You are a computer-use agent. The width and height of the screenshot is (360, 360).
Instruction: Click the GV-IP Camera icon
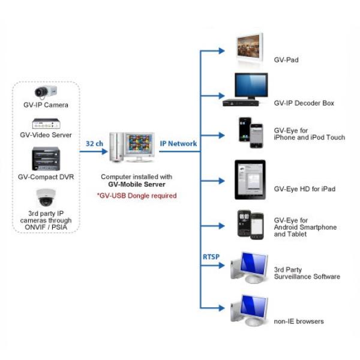46,92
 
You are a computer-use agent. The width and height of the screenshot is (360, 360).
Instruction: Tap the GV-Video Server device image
46,124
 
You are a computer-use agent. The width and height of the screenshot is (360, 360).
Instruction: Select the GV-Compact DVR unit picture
46,158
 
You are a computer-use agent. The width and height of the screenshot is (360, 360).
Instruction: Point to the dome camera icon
46,197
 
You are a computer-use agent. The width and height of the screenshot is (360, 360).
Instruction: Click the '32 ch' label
94,144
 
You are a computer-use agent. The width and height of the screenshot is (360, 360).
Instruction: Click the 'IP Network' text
178,143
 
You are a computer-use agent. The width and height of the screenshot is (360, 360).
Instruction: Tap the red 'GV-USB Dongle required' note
137,196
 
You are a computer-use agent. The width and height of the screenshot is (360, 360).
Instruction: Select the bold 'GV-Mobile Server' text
137,184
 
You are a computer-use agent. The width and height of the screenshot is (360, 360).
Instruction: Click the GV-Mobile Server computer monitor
140,147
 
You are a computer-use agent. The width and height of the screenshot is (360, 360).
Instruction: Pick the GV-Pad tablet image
250,49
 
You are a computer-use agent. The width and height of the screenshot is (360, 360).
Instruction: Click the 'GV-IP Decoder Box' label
304,103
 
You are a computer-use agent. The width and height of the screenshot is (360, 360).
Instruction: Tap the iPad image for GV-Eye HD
250,180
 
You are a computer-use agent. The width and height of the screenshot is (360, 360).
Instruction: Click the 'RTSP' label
211,257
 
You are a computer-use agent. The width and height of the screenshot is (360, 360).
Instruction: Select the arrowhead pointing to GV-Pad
221,51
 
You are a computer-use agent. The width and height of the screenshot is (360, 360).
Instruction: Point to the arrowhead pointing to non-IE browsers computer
221,308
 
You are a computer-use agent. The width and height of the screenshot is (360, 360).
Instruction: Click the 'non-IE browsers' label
299,321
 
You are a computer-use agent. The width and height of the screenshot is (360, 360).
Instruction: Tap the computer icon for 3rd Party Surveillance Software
250,268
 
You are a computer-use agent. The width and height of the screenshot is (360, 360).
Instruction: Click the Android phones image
250,225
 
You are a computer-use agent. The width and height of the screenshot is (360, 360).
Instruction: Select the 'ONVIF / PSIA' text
46,227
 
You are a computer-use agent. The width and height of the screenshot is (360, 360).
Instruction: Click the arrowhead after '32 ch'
105,151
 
